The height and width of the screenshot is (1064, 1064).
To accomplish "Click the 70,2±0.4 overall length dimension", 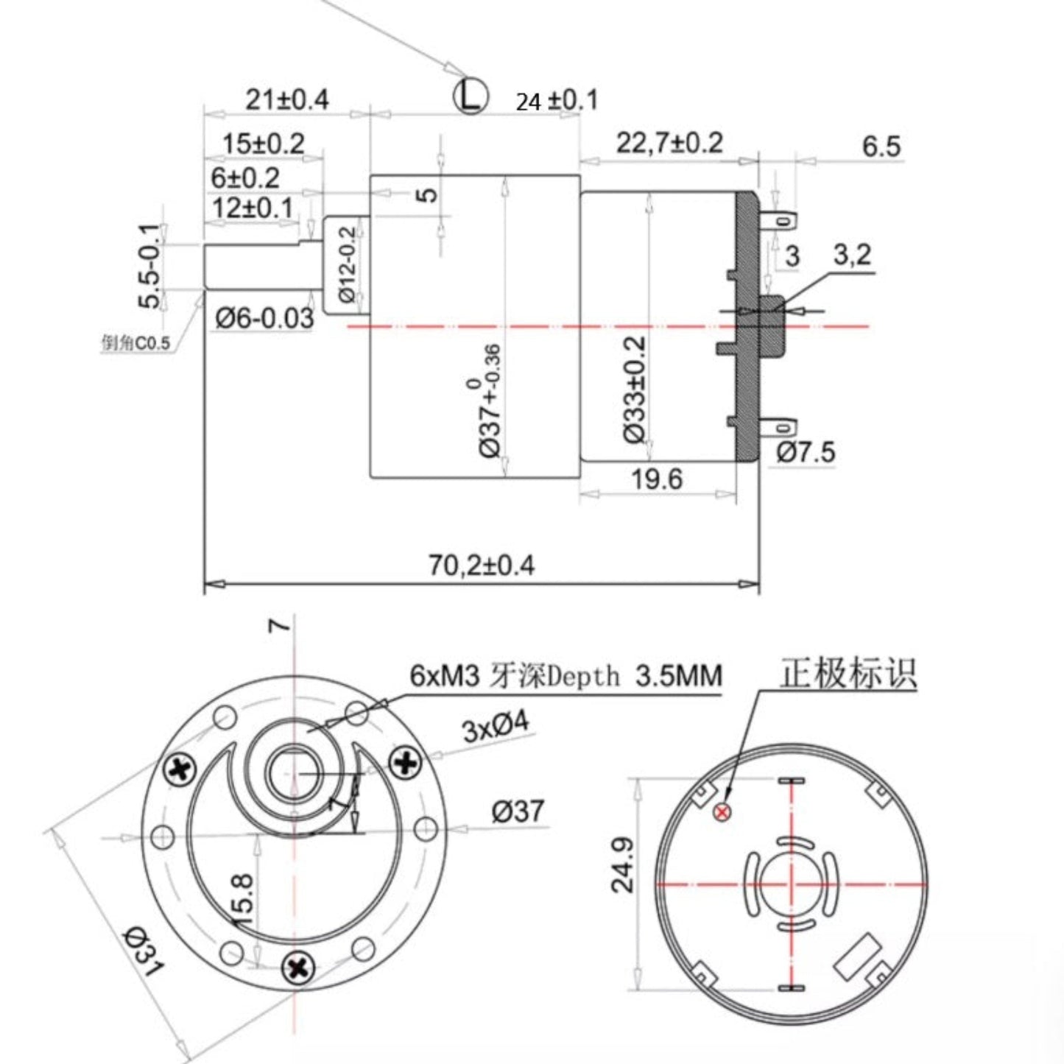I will click(x=482, y=566).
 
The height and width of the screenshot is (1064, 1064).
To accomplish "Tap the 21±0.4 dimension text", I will click(x=286, y=99).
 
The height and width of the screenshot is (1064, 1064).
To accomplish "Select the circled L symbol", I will click(x=471, y=95).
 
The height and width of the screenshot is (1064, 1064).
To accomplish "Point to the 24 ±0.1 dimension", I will click(x=557, y=101).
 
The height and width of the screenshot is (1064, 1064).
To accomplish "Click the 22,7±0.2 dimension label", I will click(x=669, y=143).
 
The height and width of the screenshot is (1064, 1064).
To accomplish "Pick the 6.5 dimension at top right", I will click(x=881, y=147).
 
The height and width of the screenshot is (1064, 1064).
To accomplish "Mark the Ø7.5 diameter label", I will click(x=806, y=452).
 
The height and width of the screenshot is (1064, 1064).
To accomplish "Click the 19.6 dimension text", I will click(x=657, y=479).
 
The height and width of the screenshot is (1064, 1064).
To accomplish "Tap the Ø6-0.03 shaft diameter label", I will click(x=264, y=318).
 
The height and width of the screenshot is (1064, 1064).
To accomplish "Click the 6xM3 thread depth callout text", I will click(x=566, y=675).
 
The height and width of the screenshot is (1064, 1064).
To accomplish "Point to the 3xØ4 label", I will click(x=496, y=727).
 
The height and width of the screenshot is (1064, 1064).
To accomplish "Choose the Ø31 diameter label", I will click(x=144, y=949).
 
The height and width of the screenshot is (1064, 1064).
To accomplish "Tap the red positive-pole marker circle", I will click(x=722, y=812).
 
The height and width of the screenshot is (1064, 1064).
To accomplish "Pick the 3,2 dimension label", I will click(x=852, y=255).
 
